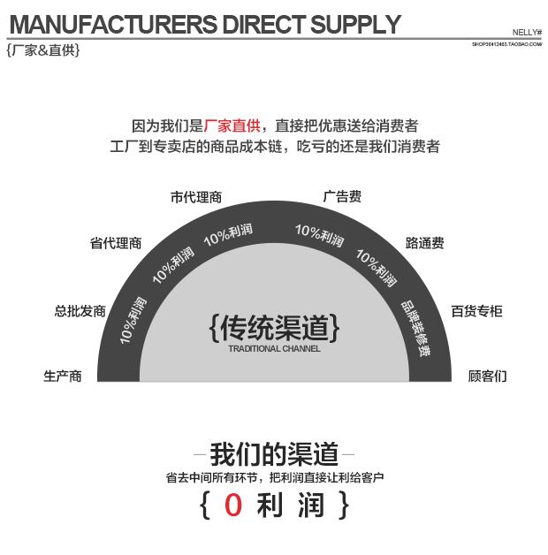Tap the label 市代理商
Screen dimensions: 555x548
coord(196,197)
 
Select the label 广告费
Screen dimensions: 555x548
coord(342,196)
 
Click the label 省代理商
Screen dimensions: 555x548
coord(116,243)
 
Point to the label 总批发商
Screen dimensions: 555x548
coord(80,310)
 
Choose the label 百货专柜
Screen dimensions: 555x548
coord(476,310)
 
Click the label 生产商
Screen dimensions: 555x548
coord(63,376)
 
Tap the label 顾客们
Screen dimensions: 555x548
coord(487,376)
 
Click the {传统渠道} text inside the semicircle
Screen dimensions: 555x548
coord(274,328)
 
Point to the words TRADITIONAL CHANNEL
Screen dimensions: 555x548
coord(274,348)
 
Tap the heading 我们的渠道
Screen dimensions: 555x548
coord(274,454)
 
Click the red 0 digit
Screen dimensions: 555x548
coord(232,506)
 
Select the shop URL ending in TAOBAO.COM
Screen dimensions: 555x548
coord(506,42)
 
